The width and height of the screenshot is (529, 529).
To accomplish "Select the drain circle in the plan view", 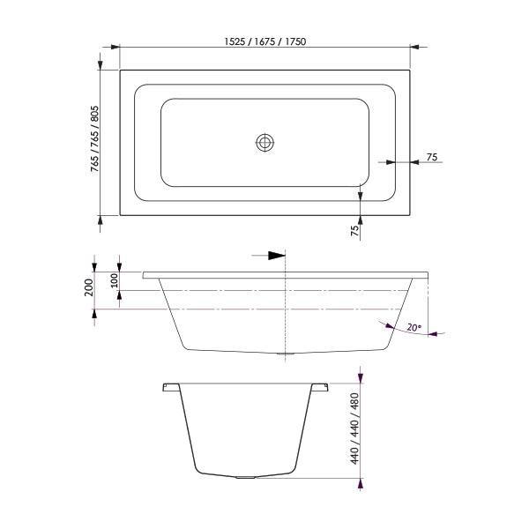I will tap(265, 142).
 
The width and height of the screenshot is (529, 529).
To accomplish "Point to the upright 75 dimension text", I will tap(431, 157).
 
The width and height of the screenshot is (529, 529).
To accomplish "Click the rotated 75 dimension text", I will tap(354, 232).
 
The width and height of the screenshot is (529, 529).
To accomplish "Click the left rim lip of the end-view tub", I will tap(167, 387).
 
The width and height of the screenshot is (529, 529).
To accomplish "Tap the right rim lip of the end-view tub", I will tap(319, 387).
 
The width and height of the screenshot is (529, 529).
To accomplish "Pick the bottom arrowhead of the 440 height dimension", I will tap(362, 484).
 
